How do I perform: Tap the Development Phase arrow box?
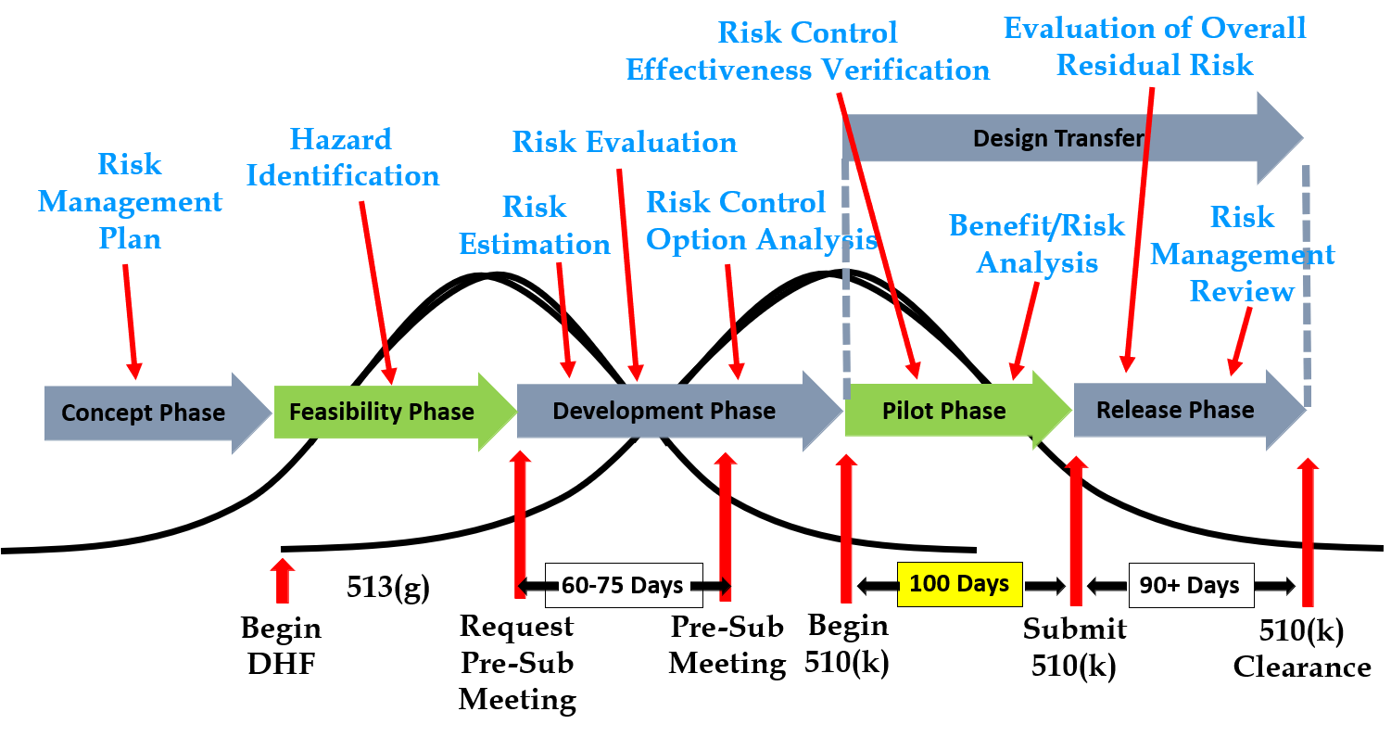click(664, 412)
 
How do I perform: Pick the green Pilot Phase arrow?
click(944, 412)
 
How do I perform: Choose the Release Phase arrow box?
click(1175, 411)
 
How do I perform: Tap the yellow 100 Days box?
click(959, 585)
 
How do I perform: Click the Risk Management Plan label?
click(131, 201)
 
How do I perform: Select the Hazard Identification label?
click(342, 158)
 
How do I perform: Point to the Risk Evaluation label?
click(625, 143)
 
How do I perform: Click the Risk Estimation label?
click(535, 225)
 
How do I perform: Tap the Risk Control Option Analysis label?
click(760, 221)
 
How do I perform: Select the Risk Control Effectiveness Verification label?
click(808, 52)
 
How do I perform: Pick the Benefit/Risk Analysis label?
click(1037, 245)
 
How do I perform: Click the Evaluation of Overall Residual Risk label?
click(1155, 46)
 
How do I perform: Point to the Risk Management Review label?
click(1242, 254)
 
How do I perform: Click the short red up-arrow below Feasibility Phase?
click(283, 581)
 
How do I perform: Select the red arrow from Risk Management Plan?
click(131, 321)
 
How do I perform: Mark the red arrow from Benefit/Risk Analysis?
click(1025, 330)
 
